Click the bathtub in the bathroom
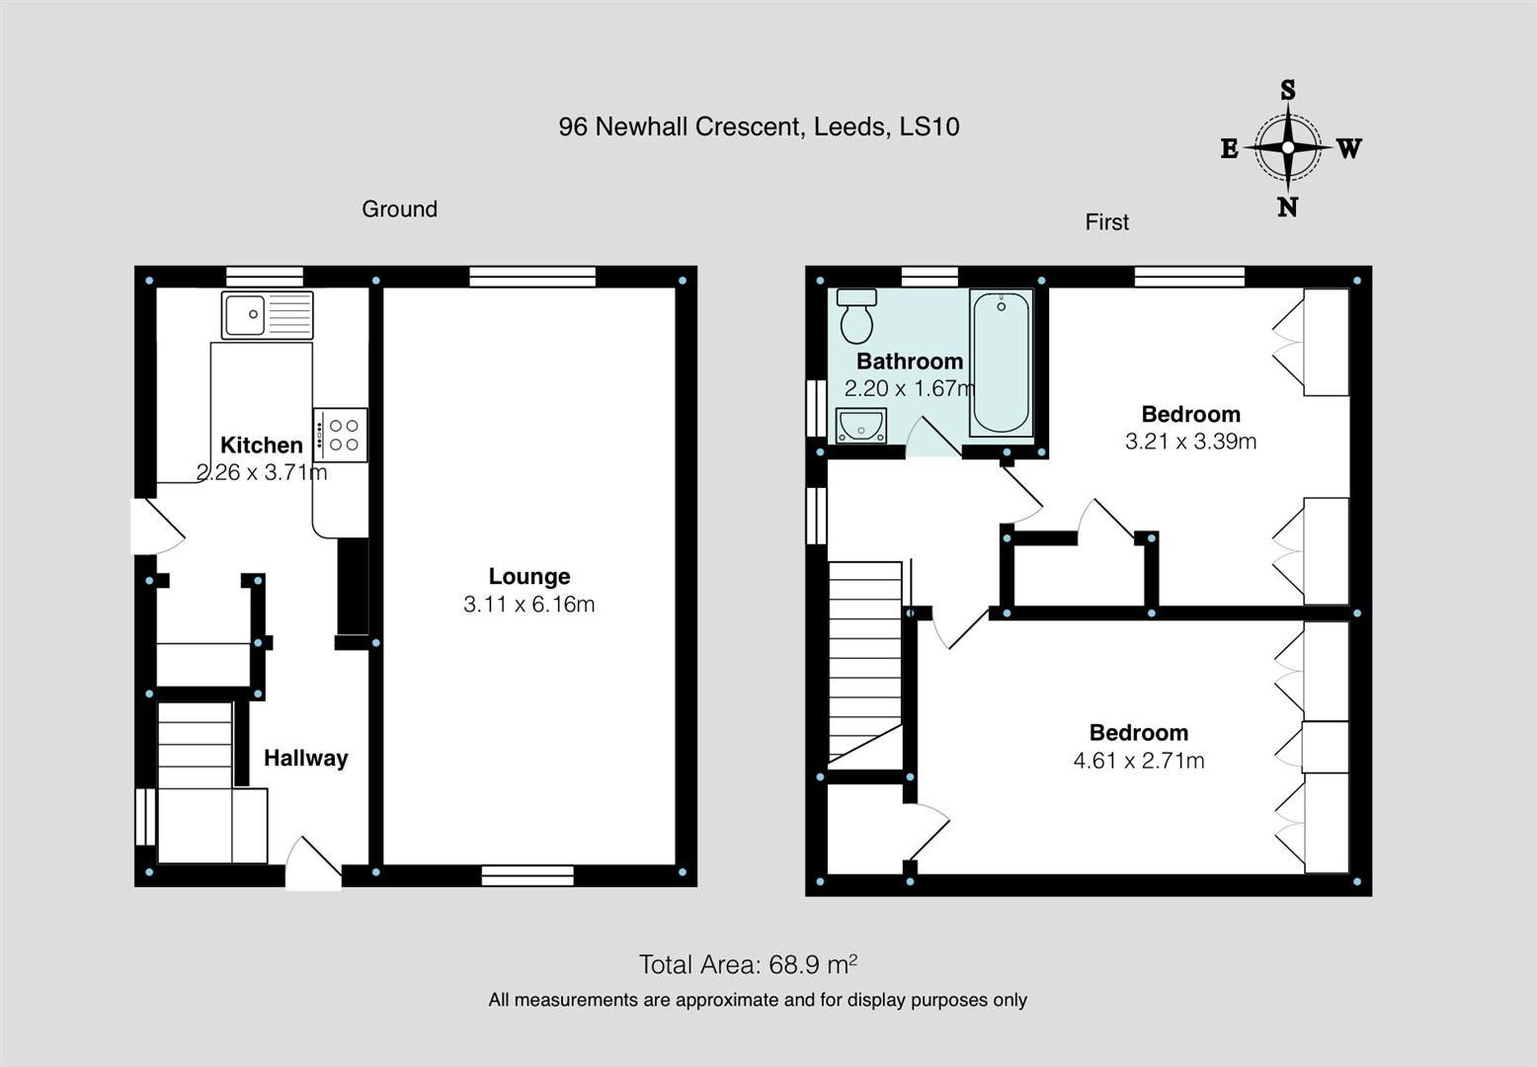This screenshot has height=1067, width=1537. (1001, 363)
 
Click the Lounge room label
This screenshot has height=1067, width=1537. (529, 576)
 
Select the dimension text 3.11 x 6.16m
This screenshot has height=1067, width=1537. (529, 604)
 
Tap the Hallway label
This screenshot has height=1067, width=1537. (305, 758)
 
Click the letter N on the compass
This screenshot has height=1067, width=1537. (1287, 207)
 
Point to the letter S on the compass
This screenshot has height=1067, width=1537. (1287, 91)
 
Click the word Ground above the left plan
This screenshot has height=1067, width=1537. (399, 208)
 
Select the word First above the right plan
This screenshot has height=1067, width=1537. (1106, 222)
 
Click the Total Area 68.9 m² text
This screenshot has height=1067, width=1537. (748, 964)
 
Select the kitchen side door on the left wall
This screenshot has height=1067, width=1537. (156, 526)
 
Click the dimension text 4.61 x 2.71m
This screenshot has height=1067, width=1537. (1138, 760)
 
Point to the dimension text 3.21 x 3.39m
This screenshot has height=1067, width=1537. (1190, 441)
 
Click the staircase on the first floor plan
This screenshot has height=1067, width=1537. (865, 662)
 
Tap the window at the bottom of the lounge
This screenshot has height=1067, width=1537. (528, 874)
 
